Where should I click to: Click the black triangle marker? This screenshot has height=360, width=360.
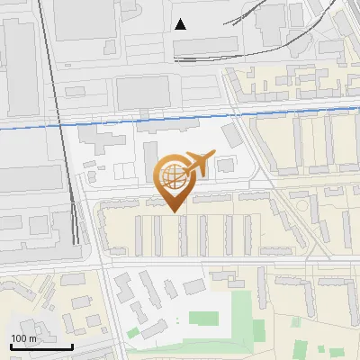coord(181,24)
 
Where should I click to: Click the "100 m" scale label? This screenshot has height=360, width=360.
coord(23,338)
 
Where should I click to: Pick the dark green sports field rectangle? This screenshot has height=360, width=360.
coord(203,319)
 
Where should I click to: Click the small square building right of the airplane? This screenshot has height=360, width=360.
coord(223,165)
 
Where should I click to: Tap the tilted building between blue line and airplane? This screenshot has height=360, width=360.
coord(231,136)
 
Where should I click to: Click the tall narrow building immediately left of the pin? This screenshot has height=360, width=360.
coord(149,162)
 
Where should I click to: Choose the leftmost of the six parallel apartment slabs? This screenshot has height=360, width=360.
coord(138,235)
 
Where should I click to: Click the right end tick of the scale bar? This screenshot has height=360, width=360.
coord(72,346)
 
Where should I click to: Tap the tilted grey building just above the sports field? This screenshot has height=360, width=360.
coord(194,286)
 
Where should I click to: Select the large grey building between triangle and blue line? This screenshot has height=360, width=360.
coord(142,90)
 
